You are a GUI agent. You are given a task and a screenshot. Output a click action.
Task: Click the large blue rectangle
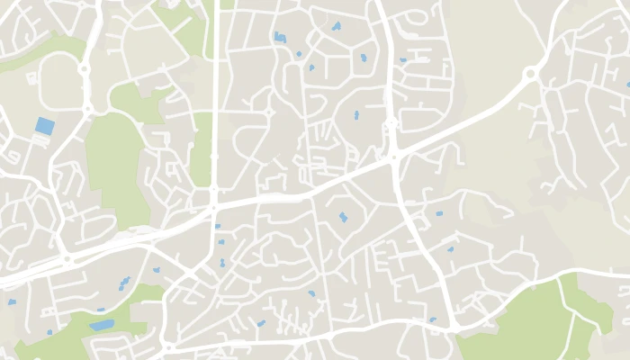(44, 127)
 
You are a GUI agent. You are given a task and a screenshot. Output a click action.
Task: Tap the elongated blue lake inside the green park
(101, 325)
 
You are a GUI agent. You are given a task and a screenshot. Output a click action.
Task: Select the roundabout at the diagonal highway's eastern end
(531, 75)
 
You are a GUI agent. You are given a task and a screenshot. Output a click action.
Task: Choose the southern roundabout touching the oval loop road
(87, 109)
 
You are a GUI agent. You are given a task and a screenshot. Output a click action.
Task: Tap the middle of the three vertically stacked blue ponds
(220, 242)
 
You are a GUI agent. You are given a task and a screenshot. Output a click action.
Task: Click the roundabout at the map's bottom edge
(168, 346)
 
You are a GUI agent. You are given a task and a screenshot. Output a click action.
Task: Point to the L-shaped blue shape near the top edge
(279, 37)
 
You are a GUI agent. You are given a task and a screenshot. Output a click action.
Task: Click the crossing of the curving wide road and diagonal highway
(393, 157)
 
